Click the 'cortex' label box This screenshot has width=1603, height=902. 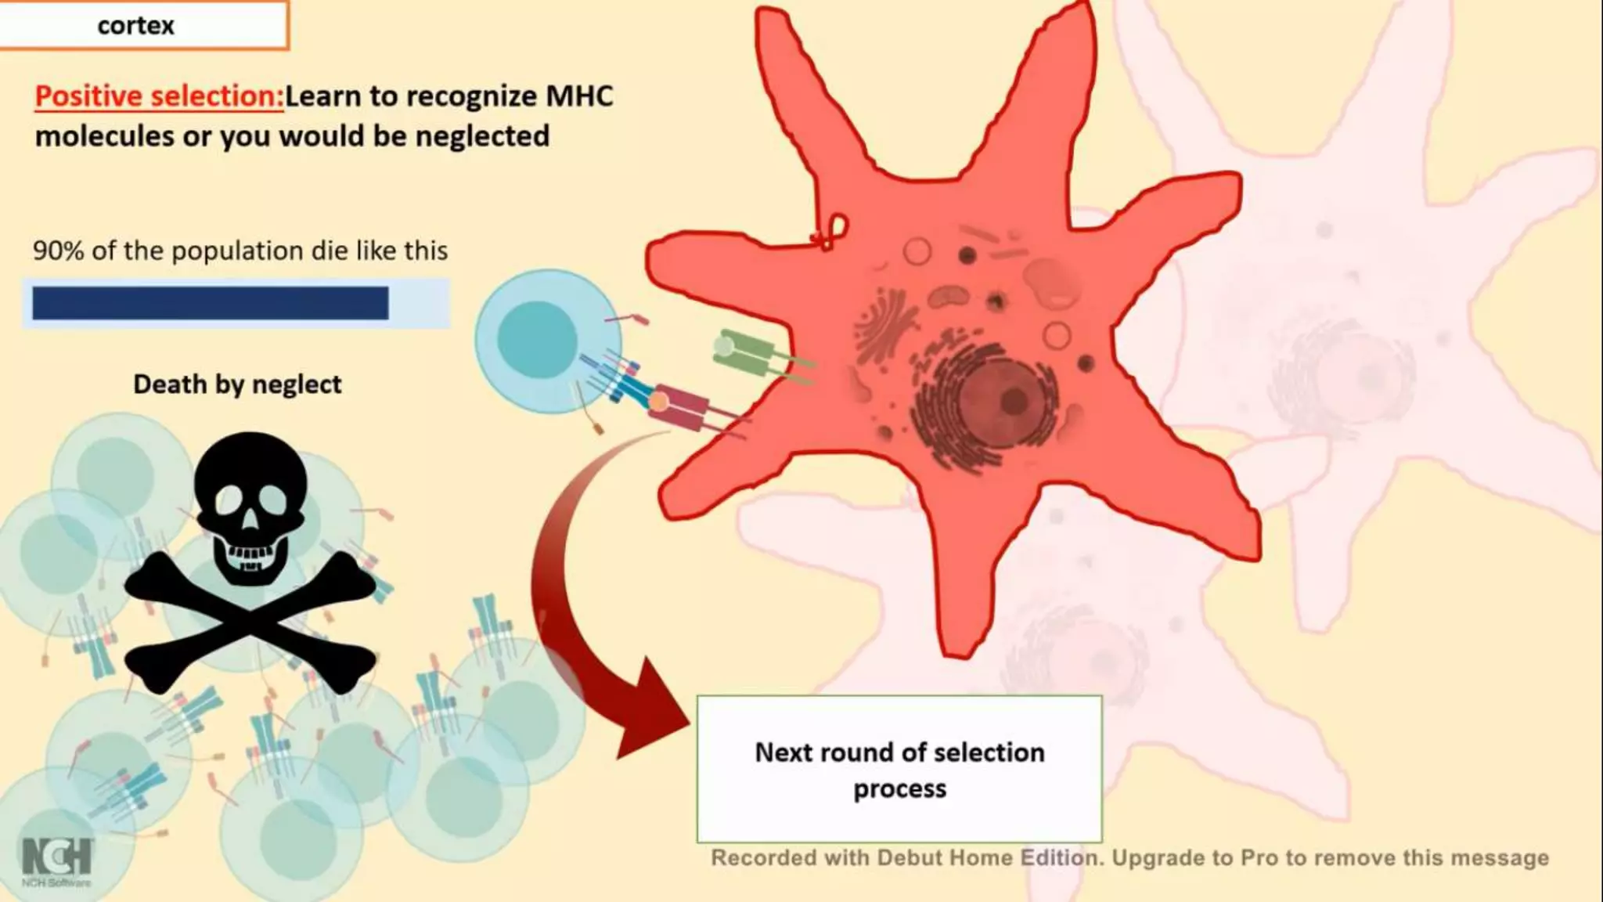tap(143, 25)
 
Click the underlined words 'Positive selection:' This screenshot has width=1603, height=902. tap(159, 96)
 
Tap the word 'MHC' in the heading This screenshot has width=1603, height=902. tap(579, 96)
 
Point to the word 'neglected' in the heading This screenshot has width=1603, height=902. tap(482, 136)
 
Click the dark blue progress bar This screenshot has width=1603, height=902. tap(210, 303)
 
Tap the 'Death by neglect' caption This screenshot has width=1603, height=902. tap(237, 384)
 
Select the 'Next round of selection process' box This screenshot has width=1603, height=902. tap(899, 770)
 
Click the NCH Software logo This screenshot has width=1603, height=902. tap(56, 860)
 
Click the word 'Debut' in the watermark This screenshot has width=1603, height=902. tap(910, 858)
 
